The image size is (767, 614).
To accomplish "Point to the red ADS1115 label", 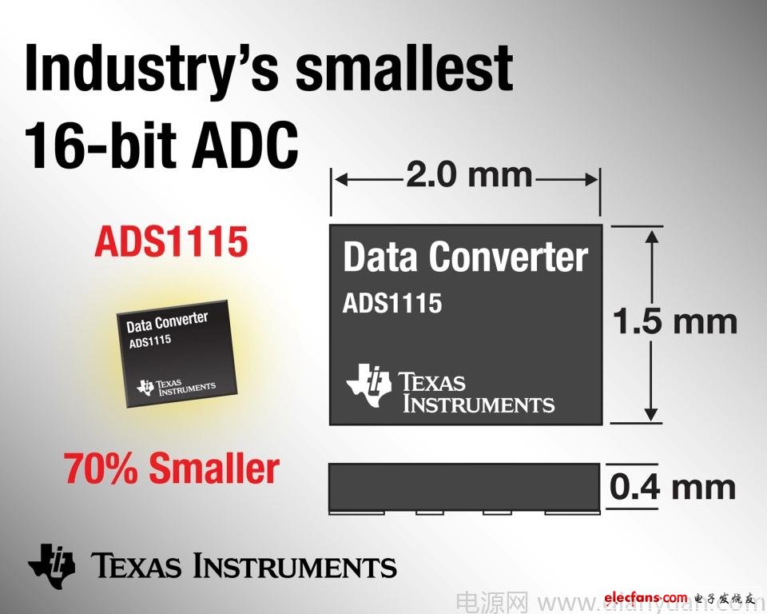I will [x=171, y=241].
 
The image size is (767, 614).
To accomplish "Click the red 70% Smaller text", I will [x=172, y=468].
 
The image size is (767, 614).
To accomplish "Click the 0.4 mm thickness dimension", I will [x=673, y=486].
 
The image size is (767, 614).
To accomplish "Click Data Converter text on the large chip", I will [x=465, y=257].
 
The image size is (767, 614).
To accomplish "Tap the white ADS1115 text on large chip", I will [x=391, y=304].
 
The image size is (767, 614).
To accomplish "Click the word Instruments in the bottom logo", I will [x=296, y=566].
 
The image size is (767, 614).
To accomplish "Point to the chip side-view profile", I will [x=465, y=487].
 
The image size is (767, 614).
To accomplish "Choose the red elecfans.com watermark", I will [x=646, y=597].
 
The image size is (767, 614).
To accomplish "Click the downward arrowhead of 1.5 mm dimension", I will [x=653, y=414].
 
